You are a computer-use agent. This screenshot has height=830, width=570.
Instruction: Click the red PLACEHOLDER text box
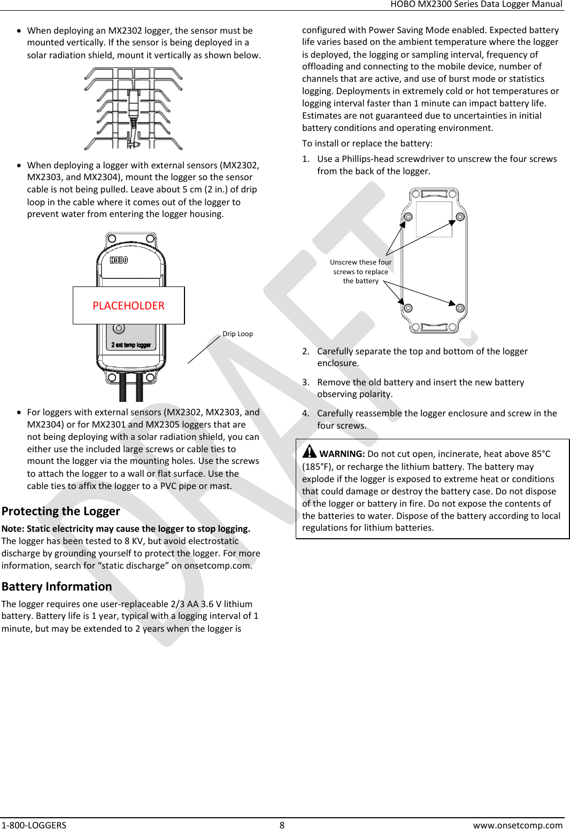tap(128, 305)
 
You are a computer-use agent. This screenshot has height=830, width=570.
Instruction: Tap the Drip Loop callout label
tap(237, 334)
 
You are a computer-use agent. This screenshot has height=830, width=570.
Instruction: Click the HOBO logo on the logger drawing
tap(119, 260)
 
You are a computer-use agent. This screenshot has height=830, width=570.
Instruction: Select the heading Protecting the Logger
tap(61, 511)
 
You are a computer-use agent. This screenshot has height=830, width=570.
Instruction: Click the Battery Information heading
tap(57, 586)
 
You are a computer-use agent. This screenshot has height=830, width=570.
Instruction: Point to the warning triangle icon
tap(309, 452)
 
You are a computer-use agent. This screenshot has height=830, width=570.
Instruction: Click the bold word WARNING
tap(342, 454)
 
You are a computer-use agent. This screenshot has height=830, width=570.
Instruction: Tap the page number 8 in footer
tap(282, 825)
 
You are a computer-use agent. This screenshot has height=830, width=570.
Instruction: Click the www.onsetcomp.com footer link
tap(517, 825)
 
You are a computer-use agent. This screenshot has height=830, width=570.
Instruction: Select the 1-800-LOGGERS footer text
tap(34, 825)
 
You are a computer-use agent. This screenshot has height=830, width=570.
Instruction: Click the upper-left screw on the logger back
tap(408, 217)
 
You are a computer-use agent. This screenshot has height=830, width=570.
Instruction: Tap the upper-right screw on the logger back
tap(460, 217)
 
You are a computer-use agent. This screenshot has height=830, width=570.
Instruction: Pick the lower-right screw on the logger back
tap(460, 308)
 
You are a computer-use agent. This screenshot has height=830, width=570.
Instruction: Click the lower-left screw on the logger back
tap(408, 308)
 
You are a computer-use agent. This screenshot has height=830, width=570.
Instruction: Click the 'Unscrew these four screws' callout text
tap(360, 272)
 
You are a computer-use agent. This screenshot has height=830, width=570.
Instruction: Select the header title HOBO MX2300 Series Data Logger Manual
tap(476, 4)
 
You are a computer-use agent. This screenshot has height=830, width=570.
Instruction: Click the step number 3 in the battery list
tap(305, 382)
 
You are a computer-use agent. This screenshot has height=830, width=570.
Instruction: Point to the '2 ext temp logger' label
tap(131, 345)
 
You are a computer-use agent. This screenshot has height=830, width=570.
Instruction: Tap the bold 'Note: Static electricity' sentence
tap(126, 529)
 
